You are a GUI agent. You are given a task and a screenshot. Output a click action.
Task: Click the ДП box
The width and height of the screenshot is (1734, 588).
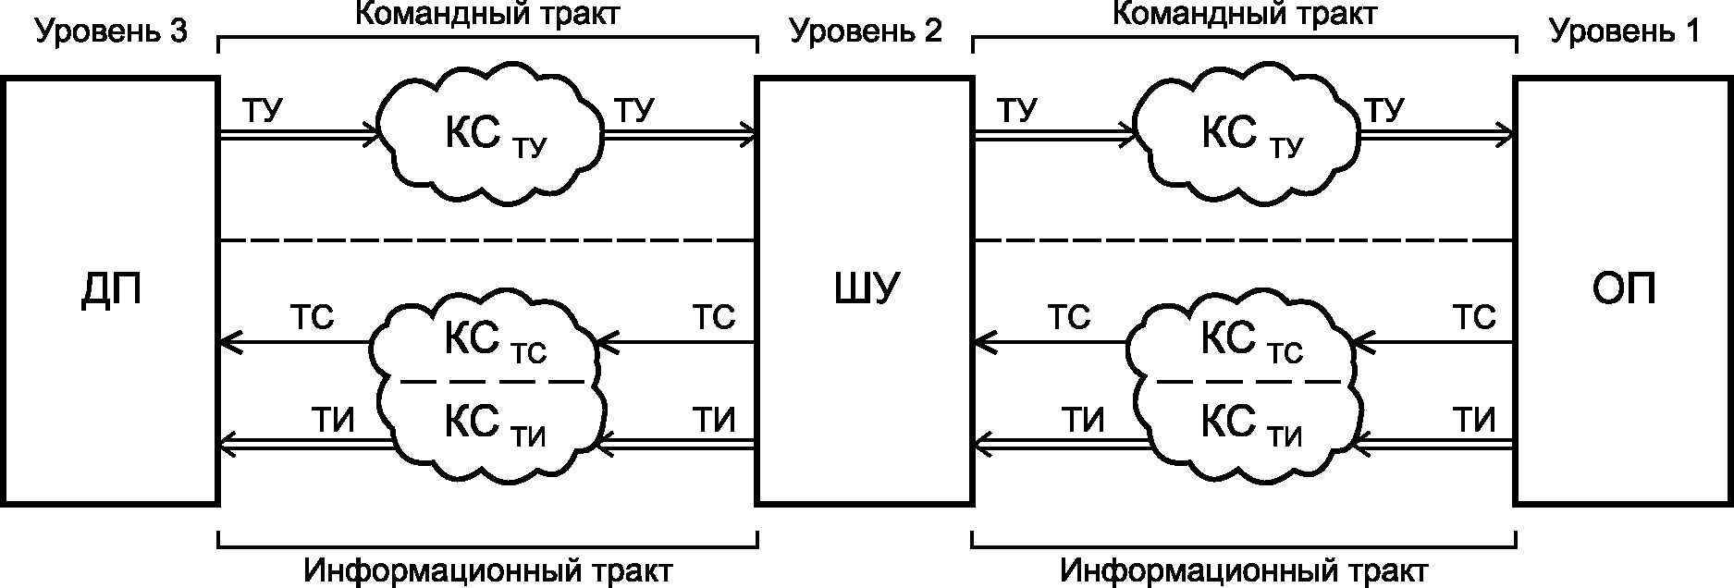pyautogui.click(x=110, y=291)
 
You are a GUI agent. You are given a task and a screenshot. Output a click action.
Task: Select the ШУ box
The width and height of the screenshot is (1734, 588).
pyautogui.click(x=865, y=291)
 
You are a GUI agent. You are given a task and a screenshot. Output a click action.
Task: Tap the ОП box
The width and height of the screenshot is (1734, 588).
pyautogui.click(x=1623, y=291)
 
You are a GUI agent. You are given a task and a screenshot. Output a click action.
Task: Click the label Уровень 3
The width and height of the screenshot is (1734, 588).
pyautogui.click(x=112, y=32)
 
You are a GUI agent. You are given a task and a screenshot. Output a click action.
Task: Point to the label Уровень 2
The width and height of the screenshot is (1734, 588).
pyautogui.click(x=867, y=32)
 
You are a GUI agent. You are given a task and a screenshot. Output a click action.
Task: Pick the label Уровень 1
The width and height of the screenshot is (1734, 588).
pyautogui.click(x=1624, y=32)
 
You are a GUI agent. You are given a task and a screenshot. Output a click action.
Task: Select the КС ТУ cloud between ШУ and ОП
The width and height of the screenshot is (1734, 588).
pyautogui.click(x=1246, y=132)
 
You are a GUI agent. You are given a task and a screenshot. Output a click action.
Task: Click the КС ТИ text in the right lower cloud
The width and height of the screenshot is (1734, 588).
pyautogui.click(x=1251, y=425)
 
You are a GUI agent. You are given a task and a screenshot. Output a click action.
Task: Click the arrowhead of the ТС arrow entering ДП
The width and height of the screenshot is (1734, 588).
pyautogui.click(x=231, y=344)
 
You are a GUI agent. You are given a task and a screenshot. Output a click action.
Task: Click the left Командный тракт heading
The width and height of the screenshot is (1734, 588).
pyautogui.click(x=488, y=14)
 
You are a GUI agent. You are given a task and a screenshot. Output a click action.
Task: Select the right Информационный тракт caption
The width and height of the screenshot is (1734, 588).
pyautogui.click(x=1245, y=570)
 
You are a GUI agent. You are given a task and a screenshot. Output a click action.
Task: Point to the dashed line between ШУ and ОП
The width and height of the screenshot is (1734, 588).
pyautogui.click(x=1244, y=241)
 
